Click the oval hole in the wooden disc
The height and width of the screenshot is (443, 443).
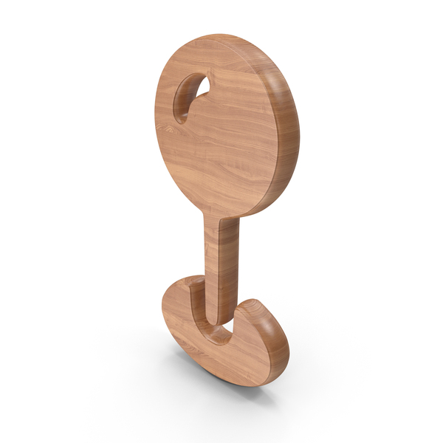pyautogui.click(x=190, y=97)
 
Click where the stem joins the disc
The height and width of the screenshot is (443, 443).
pyautogui.click(x=221, y=220)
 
